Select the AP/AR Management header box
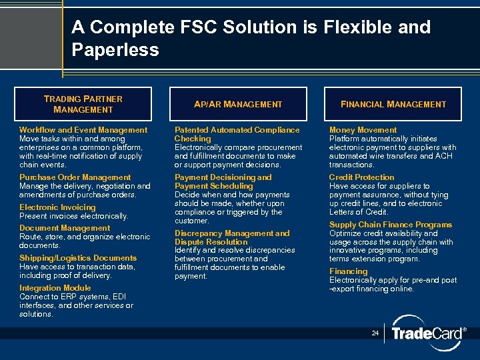click(237, 104)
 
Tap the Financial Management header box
click(393, 104)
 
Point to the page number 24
click(375, 333)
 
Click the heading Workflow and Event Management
click(83, 130)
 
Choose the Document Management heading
click(65, 228)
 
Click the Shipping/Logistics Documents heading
click(77, 258)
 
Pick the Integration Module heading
click(55, 288)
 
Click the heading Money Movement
click(363, 130)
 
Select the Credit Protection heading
click(361, 177)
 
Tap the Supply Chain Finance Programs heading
click(390, 225)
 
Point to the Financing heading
click(348, 271)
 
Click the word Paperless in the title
click(115, 50)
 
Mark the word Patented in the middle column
click(190, 130)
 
